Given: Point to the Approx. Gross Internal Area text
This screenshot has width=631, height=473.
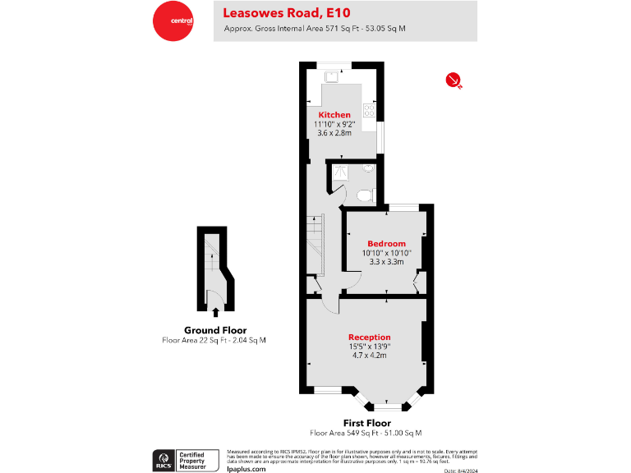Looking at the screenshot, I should pyautogui.click(x=315, y=30).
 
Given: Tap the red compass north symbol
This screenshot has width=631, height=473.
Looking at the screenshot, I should pyautogui.click(x=453, y=80).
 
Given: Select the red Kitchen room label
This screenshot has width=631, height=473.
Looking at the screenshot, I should pyautogui.click(x=334, y=115).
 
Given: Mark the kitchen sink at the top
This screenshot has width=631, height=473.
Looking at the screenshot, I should pyautogui.click(x=333, y=76).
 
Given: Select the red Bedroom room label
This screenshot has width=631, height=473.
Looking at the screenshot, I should pyautogui.click(x=386, y=244).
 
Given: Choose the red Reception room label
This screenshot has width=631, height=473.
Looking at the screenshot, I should pyautogui.click(x=369, y=338).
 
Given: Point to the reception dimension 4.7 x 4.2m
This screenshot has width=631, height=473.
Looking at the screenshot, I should pyautogui.click(x=369, y=356).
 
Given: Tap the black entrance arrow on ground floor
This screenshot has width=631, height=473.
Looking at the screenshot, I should pyautogui.click(x=216, y=311).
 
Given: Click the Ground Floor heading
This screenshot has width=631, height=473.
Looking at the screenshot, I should pyautogui.click(x=215, y=330).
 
